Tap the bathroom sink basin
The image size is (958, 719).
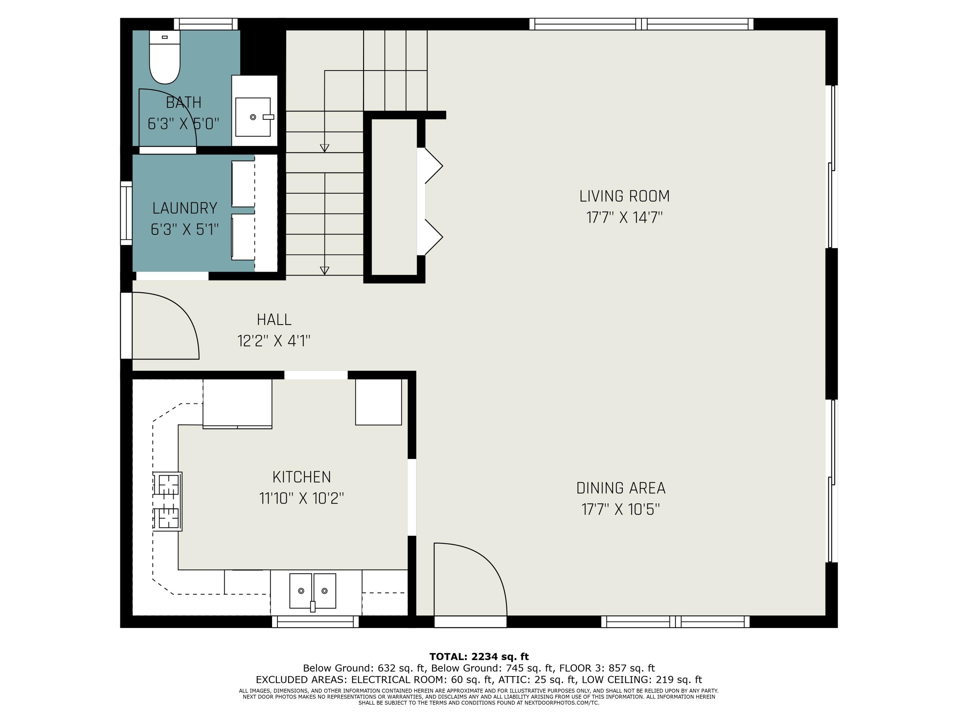click(x=253, y=117)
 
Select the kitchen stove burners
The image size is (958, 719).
click(x=167, y=501)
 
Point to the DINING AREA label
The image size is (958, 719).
click(x=620, y=488)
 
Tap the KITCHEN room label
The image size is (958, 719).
click(x=302, y=477)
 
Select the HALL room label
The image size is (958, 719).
click(x=274, y=320)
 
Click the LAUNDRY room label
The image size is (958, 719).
click(x=185, y=208)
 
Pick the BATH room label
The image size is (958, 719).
click(x=184, y=103)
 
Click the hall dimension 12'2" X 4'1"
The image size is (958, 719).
click(x=274, y=341)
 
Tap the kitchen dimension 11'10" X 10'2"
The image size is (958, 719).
click(x=302, y=499)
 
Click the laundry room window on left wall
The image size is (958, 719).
click(x=126, y=213)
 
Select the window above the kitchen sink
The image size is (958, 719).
click(x=315, y=622)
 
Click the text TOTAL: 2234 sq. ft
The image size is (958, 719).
click(x=479, y=657)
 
